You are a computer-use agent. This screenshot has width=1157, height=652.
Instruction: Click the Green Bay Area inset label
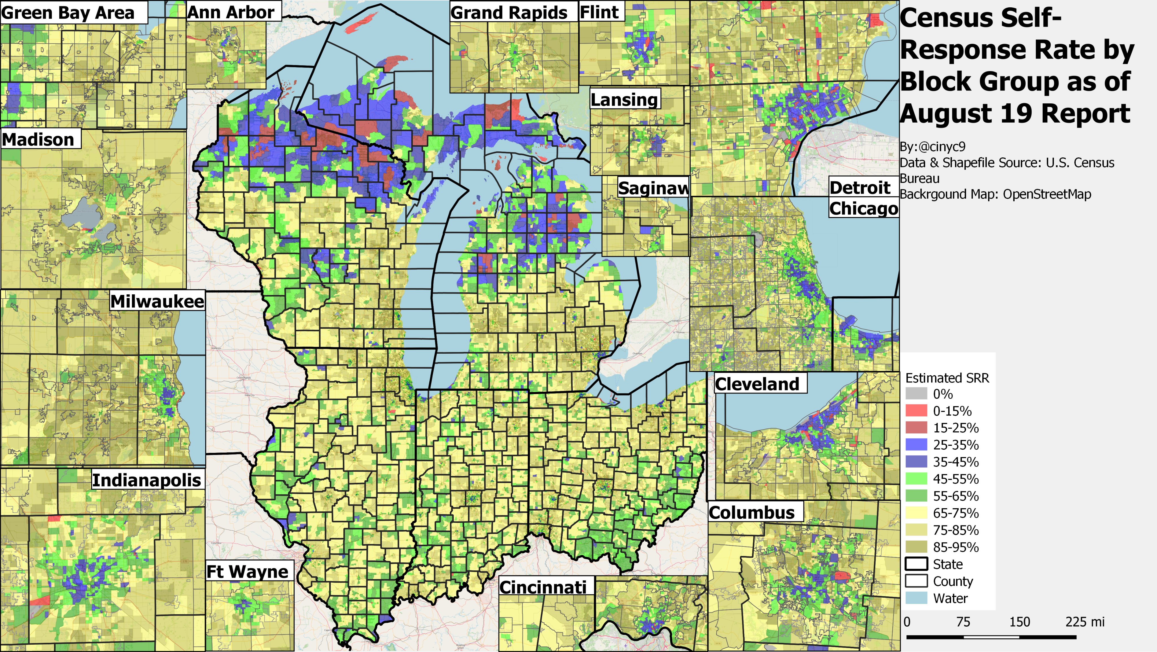[68, 13]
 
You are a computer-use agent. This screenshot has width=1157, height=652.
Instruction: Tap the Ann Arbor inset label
[231, 12]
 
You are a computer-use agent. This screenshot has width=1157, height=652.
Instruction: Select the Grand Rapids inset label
[509, 13]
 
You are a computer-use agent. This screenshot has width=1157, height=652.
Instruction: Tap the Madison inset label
[38, 140]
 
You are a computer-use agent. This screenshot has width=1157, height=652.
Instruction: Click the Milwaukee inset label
[157, 301]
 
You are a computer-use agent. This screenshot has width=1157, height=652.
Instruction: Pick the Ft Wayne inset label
[247, 571]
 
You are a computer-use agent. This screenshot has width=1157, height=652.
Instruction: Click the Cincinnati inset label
[543, 587]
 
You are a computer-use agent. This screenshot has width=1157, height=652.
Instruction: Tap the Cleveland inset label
[757, 384]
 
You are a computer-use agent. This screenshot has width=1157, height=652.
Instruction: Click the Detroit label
[860, 188]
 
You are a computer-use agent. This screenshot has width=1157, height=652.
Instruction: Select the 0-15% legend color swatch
[916, 411]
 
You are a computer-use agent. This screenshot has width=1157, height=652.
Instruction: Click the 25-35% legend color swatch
[916, 445]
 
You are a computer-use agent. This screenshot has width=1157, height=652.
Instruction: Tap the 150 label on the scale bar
[1019, 622]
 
